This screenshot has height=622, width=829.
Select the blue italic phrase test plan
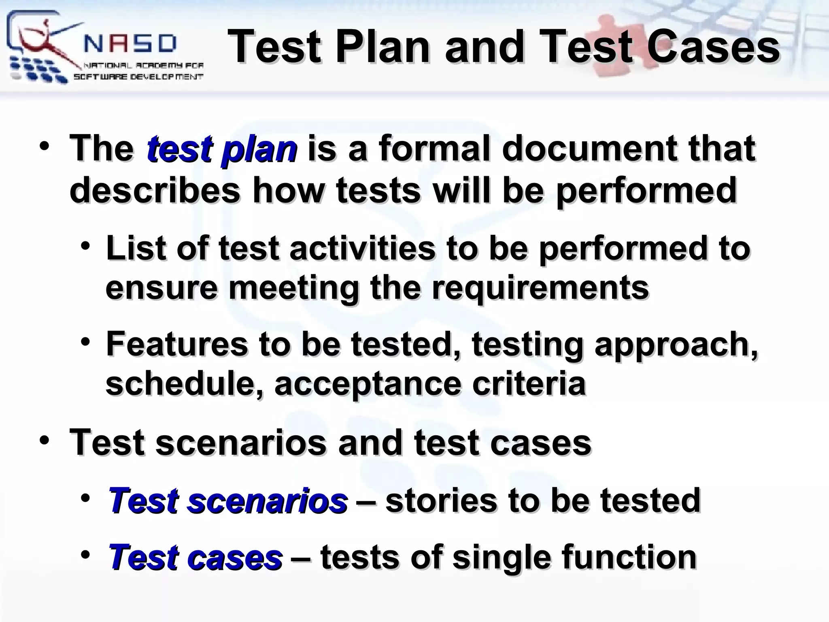click(222, 149)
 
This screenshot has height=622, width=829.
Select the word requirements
click(540, 288)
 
